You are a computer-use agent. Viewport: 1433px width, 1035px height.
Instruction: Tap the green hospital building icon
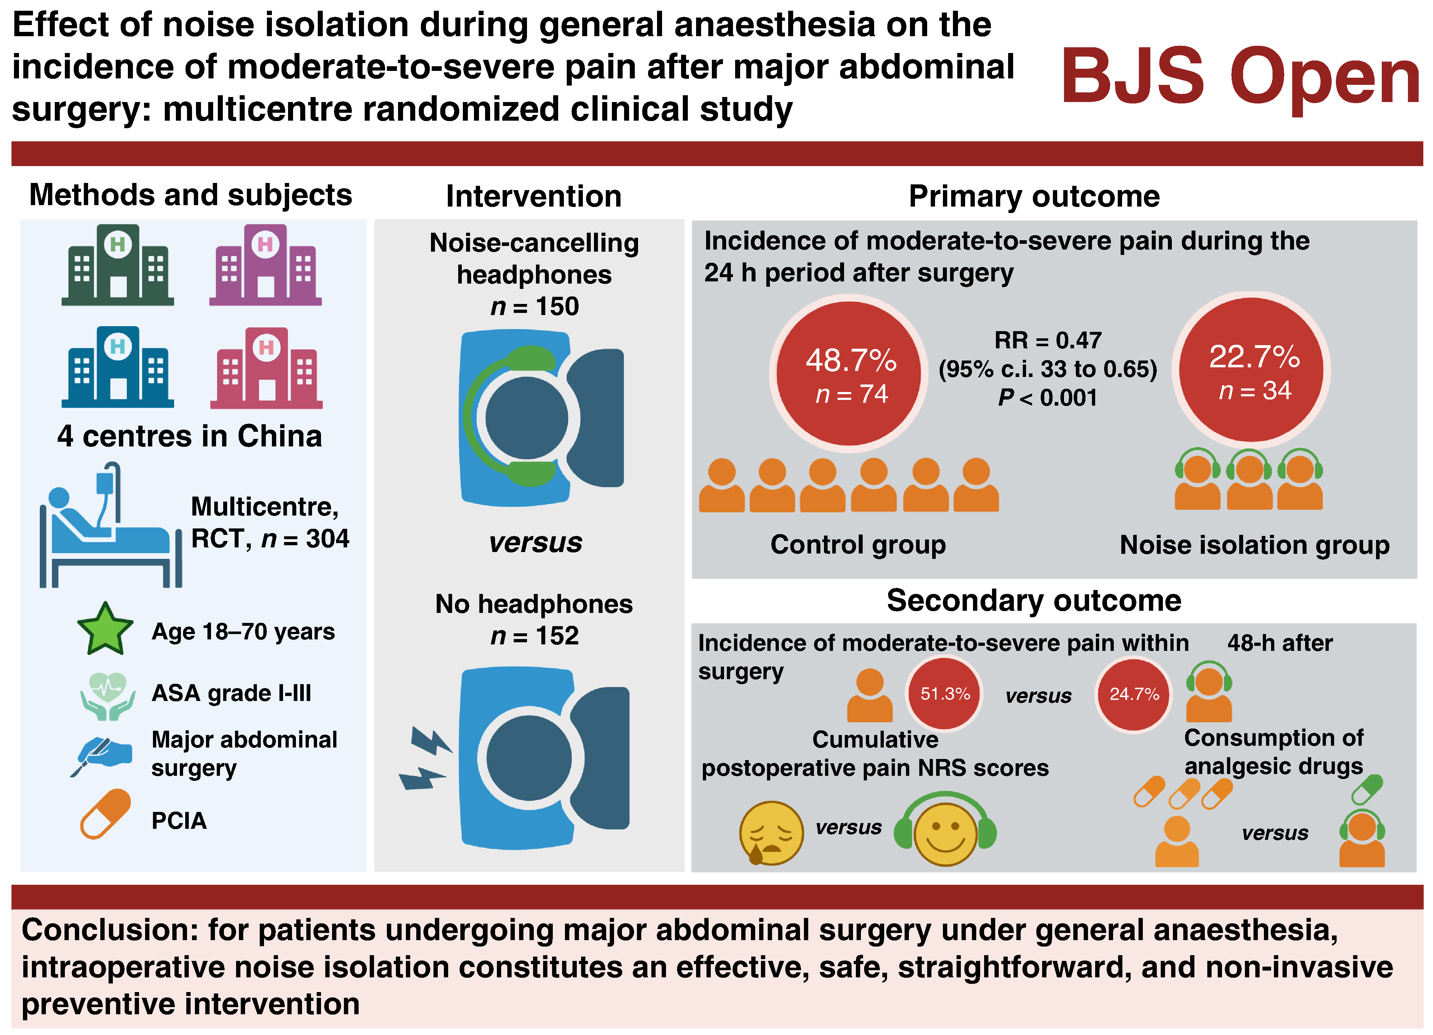(118, 265)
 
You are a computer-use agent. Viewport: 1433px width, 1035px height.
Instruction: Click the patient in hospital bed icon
(111, 526)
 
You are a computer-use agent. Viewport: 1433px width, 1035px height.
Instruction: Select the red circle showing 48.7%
(849, 374)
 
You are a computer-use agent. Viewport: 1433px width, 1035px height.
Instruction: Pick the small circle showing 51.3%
(945, 694)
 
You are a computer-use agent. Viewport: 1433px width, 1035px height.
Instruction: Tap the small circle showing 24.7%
(1134, 694)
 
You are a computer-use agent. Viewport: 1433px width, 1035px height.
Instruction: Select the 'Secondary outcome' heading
(1034, 600)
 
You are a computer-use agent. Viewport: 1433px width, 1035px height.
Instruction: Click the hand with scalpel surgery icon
(101, 755)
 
